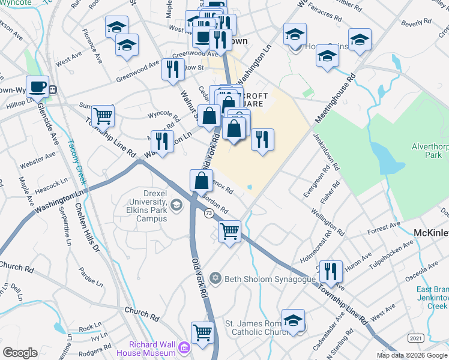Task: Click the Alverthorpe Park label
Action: click(x=426, y=151)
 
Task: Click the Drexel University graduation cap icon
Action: click(x=176, y=205)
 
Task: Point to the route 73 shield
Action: click(x=209, y=214)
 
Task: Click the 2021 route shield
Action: click(x=415, y=338)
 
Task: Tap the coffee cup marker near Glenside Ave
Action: click(x=38, y=86)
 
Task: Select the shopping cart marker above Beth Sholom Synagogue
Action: click(x=229, y=231)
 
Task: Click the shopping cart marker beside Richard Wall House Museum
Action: click(x=202, y=331)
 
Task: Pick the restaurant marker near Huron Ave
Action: click(x=330, y=271)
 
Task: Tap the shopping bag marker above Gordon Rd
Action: click(x=201, y=180)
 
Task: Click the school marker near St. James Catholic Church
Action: click(x=294, y=320)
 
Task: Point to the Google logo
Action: click(x=20, y=353)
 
